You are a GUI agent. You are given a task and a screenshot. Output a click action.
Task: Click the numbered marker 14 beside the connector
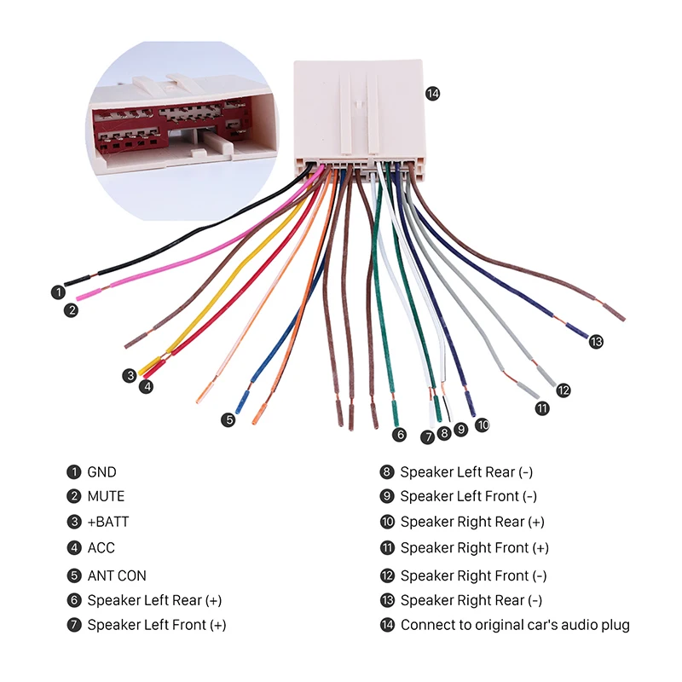coord(432,94)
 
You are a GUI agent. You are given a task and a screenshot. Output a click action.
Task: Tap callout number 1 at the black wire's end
coord(58,292)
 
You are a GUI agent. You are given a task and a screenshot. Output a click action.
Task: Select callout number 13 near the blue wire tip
coord(596,342)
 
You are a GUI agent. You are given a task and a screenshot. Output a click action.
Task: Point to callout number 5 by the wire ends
coord(228,419)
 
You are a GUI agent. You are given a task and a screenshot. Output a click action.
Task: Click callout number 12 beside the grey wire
coord(563,390)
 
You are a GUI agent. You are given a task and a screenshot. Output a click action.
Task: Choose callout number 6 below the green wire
coord(399,435)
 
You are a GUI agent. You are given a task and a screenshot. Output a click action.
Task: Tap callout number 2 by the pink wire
coord(71,310)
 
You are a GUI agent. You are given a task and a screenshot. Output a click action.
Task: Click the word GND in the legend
coord(101,472)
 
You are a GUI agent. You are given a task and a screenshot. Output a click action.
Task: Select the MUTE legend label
coord(106,496)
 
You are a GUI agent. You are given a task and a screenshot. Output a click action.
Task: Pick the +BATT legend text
coord(108,522)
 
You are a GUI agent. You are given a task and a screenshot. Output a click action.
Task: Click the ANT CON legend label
coord(117,575)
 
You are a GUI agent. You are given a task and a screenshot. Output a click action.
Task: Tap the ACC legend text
coord(101,547)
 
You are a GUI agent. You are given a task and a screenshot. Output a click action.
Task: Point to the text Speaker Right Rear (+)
coord(472,522)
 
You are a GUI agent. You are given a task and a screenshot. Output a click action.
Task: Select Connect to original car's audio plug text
coord(515,625)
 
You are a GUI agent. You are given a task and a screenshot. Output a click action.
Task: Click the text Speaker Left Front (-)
coord(468,496)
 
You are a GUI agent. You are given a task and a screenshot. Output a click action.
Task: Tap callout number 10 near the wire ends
coord(482,425)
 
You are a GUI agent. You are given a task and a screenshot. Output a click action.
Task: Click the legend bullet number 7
coord(74,625)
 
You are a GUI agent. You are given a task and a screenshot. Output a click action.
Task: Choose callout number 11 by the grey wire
coord(542,408)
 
